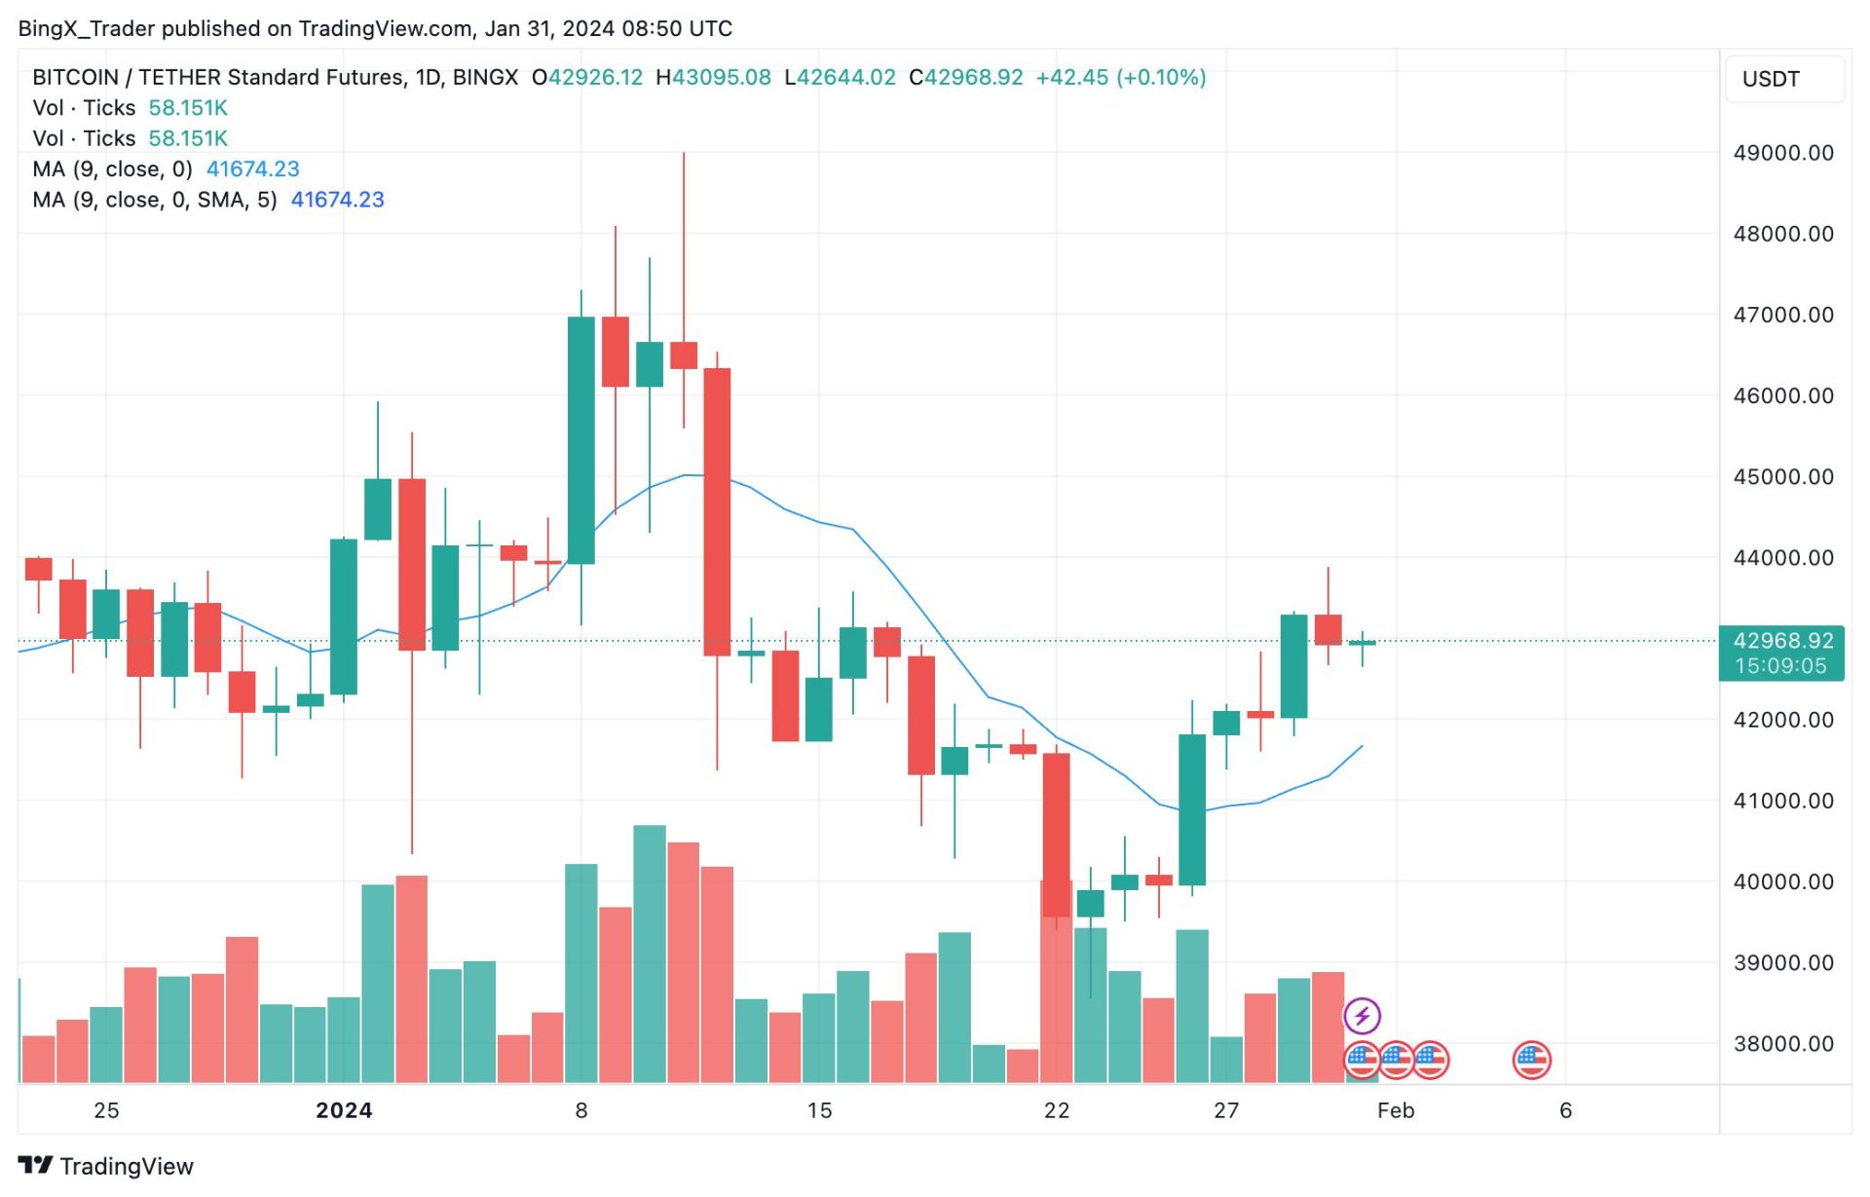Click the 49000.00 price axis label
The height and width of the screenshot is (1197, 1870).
click(1782, 153)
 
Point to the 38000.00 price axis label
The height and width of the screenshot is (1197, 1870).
click(1782, 1043)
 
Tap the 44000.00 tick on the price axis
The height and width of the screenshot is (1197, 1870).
click(1782, 558)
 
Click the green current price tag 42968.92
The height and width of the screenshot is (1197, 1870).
click(1781, 642)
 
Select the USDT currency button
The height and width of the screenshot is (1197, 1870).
click(1770, 79)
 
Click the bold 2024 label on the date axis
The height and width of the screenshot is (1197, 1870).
click(344, 1110)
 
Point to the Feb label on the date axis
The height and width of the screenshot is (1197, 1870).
click(1395, 1110)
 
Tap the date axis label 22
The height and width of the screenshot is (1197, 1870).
click(1056, 1110)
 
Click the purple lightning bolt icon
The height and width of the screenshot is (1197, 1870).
click(1362, 1016)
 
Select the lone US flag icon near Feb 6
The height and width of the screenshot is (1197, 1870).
click(1531, 1060)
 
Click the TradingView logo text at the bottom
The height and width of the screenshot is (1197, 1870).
click(126, 1166)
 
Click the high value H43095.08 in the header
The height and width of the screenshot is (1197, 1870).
click(713, 77)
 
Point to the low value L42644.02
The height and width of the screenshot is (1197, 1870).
click(840, 77)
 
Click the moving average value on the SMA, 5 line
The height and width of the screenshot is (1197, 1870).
click(337, 200)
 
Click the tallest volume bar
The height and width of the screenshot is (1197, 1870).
click(650, 954)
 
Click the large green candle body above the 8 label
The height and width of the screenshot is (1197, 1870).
click(581, 440)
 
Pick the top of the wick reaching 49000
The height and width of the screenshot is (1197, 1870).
click(684, 154)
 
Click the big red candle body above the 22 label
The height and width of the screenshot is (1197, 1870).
click(1056, 835)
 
